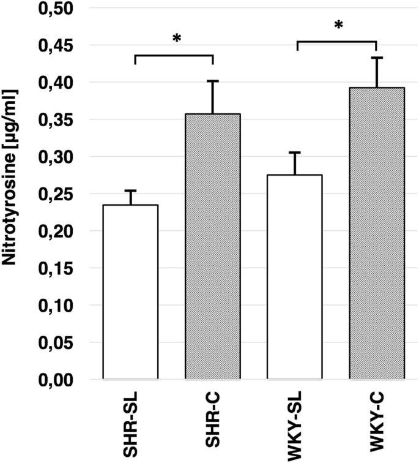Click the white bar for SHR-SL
pos(130,292)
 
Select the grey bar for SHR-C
pos(212,247)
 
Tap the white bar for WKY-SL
pos(295,277)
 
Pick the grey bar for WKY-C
pos(376,233)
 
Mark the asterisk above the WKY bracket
pos(336,26)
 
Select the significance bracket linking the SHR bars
pos(173,56)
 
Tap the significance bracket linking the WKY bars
pos(336,42)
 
